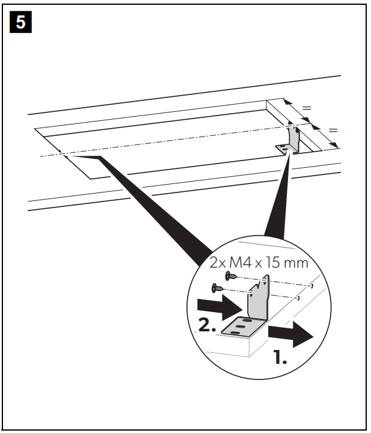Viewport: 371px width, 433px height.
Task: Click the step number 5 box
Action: coord(20,22)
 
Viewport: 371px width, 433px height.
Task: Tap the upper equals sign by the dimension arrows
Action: coord(307,108)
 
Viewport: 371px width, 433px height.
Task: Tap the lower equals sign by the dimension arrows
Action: coord(333,130)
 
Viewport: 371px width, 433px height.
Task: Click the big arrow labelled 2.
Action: coord(219,307)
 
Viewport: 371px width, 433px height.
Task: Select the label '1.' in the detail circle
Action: coord(280,357)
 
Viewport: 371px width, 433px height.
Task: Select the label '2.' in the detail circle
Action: coord(207,325)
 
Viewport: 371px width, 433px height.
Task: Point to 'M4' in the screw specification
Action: coord(241,262)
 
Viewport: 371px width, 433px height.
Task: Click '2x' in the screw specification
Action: coord(218,262)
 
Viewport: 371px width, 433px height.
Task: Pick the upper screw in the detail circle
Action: coord(231,275)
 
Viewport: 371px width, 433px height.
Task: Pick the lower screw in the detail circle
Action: coord(217,288)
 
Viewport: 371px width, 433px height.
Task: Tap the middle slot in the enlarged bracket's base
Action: coord(241,327)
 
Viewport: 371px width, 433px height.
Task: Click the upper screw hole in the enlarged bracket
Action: coord(264,281)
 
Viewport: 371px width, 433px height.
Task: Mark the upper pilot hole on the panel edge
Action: coord(312,286)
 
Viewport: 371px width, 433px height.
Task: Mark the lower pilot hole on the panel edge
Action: coord(298,298)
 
